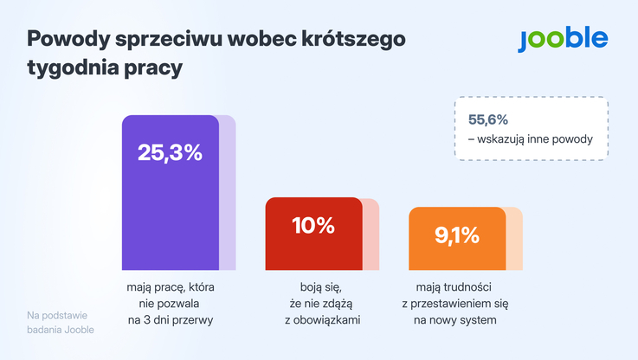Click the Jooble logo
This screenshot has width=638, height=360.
[x=563, y=39]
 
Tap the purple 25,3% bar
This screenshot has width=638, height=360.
[x=171, y=208]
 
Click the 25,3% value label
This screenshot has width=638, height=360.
[x=170, y=153]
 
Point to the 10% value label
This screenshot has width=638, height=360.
[x=313, y=226]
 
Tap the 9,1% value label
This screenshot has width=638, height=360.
[x=457, y=236]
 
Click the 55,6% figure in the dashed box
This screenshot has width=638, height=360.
[x=488, y=119]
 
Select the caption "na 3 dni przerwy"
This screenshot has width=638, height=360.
[x=170, y=320]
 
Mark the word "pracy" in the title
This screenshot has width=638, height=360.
[x=158, y=67]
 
